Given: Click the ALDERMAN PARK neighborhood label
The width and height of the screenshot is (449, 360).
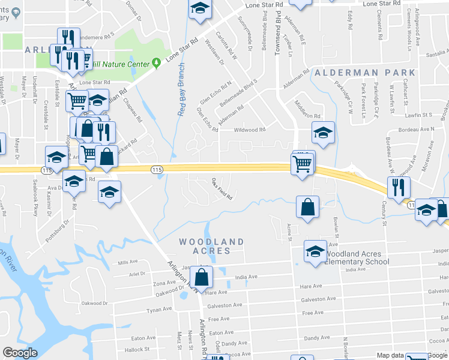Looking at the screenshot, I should [x=354, y=73].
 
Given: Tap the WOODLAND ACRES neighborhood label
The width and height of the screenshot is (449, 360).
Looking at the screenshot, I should [x=212, y=246].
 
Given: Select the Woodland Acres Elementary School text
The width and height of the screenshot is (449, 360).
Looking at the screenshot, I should [x=357, y=258].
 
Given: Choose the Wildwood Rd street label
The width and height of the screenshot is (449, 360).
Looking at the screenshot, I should [x=249, y=130].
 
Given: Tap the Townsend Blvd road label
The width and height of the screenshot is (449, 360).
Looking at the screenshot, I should [x=278, y=36].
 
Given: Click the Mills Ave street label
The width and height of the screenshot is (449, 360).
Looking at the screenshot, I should [x=128, y=262].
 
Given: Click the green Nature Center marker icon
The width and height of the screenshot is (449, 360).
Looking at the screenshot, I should [x=156, y=62].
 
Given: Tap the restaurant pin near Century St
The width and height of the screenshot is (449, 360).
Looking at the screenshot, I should [x=399, y=187].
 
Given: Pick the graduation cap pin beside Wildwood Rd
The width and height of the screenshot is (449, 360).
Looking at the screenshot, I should [x=323, y=133].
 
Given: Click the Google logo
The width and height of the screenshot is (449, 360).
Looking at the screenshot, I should [x=20, y=353].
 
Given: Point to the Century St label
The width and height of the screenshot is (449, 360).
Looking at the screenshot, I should [x=384, y=215].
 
